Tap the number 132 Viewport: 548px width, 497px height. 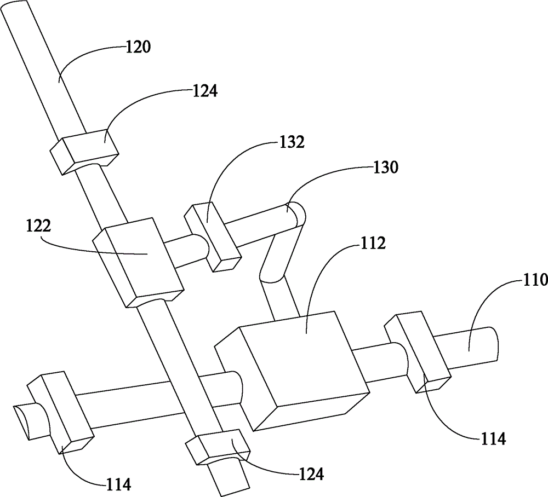pyautogui.click(x=292, y=142)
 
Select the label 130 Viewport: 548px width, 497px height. pyautogui.click(x=386, y=168)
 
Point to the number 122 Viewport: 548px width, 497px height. pyautogui.click(x=38, y=226)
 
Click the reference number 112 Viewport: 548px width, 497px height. pyautogui.click(x=373, y=243)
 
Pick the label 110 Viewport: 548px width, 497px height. pyautogui.click(x=535, y=280)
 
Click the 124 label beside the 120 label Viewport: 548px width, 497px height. pyautogui.click(x=205, y=91)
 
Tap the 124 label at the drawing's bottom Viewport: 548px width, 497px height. pyautogui.click(x=311, y=474)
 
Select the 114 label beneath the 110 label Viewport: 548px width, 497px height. pyautogui.click(x=493, y=439)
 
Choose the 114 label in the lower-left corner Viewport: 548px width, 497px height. pyautogui.click(x=119, y=484)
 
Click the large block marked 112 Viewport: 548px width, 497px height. pyautogui.click(x=292, y=370)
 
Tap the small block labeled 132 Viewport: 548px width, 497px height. pyautogui.click(x=213, y=238)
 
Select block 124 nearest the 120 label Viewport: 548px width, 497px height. pyautogui.click(x=84, y=152)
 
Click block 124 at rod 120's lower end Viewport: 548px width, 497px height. pyautogui.click(x=218, y=448)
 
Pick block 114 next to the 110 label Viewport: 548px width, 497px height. pyautogui.click(x=417, y=352)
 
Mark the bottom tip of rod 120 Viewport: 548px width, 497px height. pyautogui.click(x=234, y=492)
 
